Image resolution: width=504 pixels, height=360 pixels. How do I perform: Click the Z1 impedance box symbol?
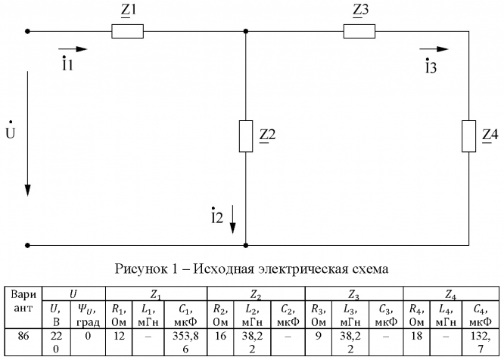coord(128,32)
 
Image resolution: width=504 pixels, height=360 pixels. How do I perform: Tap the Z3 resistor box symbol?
coord(359,32)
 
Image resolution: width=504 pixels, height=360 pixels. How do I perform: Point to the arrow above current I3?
coord(434,50)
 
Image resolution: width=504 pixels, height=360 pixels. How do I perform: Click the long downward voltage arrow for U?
coord(28,133)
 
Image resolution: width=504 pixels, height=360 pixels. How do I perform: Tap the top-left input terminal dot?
coord(28,32)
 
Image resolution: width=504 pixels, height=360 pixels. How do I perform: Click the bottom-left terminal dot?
coord(28,245)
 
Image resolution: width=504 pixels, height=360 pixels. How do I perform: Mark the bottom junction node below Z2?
coord(246,245)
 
